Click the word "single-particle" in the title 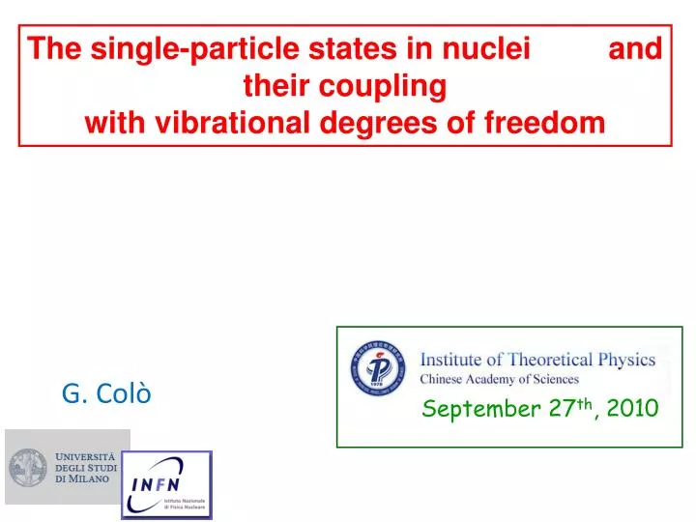click(165, 48)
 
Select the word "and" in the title click(636, 48)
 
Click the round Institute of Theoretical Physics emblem click(377, 369)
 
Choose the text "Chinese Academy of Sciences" click(499, 379)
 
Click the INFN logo click(166, 484)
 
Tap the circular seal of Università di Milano click(29, 467)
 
